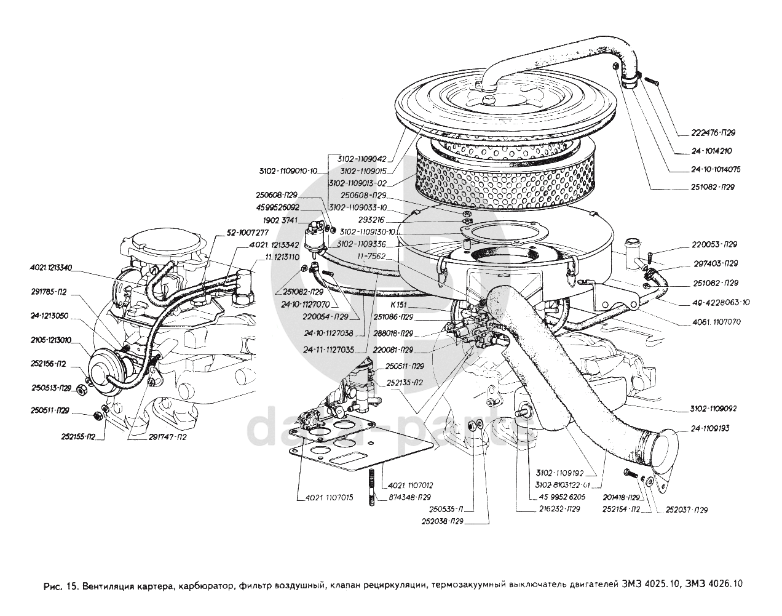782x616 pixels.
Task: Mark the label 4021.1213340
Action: [51, 268]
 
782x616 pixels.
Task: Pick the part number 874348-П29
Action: [411, 497]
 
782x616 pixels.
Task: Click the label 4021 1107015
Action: [323, 497]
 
